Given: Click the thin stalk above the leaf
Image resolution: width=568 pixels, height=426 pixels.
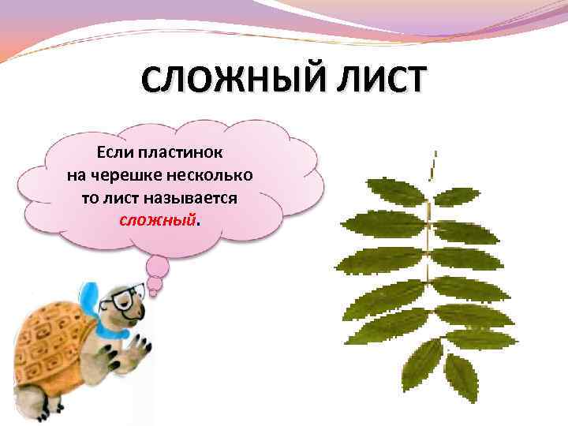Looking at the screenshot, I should pyautogui.click(x=433, y=167).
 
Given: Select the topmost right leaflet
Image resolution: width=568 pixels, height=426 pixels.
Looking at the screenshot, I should pyautogui.click(x=457, y=196).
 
